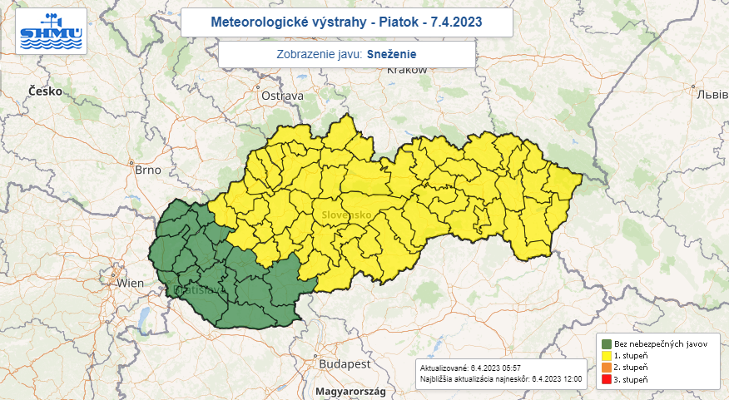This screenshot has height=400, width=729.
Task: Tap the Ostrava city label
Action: [x=282, y=96]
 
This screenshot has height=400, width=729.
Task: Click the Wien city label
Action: [x=130, y=283]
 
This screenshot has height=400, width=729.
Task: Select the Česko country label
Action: [x=45, y=91]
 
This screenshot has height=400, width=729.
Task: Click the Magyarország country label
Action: [x=344, y=391]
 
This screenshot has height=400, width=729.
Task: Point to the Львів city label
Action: [x=712, y=93]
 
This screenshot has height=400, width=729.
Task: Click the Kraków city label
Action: [x=406, y=71]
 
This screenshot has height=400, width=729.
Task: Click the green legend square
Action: [x=607, y=344]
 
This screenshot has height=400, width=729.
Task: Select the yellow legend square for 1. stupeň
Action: [x=607, y=356]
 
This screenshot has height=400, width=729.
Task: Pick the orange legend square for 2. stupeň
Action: [x=607, y=368]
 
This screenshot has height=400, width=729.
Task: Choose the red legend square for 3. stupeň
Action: [x=607, y=379]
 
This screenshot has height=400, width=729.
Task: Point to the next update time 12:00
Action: [x=573, y=379]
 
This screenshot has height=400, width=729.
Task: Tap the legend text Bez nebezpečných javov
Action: [x=655, y=344]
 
